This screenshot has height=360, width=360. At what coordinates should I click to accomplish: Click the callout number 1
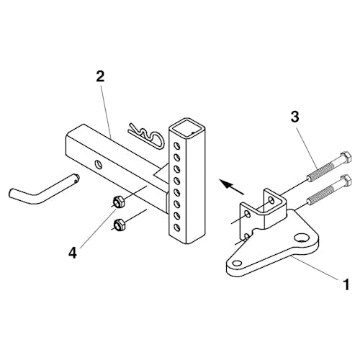[346, 285]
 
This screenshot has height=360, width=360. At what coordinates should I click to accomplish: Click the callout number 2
[100, 76]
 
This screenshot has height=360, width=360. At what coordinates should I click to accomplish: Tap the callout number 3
[294, 117]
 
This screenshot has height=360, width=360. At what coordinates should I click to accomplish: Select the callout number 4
[73, 253]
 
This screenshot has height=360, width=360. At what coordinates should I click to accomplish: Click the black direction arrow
[232, 187]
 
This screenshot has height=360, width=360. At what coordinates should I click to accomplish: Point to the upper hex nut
[118, 202]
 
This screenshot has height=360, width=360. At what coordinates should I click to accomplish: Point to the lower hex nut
[118, 225]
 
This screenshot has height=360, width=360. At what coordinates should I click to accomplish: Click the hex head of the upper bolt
[346, 158]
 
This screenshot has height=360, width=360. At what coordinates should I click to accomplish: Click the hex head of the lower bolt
[346, 180]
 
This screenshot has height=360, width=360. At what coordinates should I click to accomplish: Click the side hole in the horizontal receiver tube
[99, 164]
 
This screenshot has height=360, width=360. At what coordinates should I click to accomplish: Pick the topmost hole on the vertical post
[176, 145]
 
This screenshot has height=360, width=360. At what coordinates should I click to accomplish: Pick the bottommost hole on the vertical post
[177, 227]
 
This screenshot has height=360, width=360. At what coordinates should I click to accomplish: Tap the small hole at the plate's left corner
[238, 263]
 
